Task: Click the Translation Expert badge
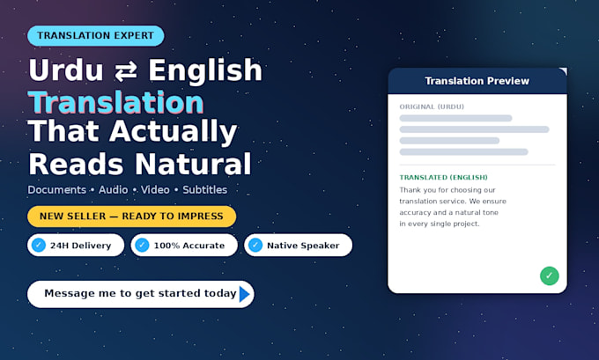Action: tap(96, 35)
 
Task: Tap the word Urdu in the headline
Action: tap(66, 70)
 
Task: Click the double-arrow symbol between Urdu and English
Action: tap(126, 71)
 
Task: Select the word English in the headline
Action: tap(205, 70)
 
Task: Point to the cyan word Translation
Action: tap(115, 102)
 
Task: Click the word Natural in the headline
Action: tap(193, 165)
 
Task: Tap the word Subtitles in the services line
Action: tap(204, 190)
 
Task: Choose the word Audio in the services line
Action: tap(113, 190)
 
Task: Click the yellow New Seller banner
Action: tap(131, 217)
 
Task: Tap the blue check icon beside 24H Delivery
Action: tap(39, 245)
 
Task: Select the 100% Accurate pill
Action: tap(184, 245)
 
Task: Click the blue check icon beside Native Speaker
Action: tap(255, 245)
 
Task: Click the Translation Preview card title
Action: tap(477, 81)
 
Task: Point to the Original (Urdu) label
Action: tap(432, 107)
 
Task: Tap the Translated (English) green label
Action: tap(443, 177)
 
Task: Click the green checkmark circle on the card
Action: tap(550, 276)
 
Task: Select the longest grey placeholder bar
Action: tap(474, 129)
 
